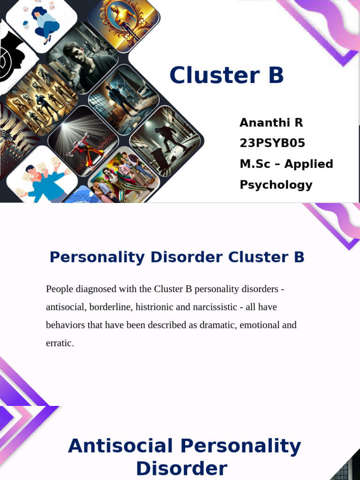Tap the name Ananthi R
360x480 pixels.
click(271, 123)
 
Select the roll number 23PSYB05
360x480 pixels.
click(272, 143)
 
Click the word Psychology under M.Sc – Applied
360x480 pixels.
click(276, 185)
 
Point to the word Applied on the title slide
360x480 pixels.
click(308, 164)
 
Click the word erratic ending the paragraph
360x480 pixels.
click(60, 343)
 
